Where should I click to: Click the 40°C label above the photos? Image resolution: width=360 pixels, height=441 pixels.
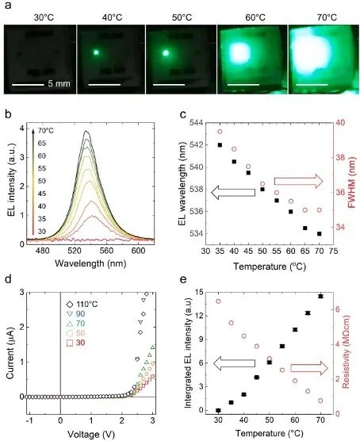pos(112,17)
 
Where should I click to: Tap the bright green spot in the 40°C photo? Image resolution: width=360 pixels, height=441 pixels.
pos(96,52)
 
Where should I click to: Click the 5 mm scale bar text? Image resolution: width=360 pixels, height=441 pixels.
pos(59,83)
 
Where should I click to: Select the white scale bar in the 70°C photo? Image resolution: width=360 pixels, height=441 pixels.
pos(312,84)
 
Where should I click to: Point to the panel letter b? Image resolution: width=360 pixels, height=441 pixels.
pos(9,114)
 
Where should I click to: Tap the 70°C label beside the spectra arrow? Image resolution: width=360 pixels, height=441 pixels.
pos(45,131)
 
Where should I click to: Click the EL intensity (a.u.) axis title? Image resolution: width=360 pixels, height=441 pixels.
pos(12,180)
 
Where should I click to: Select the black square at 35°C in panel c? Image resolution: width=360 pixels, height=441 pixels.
pos(220,145)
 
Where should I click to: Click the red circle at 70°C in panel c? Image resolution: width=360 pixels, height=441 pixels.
pos(320,210)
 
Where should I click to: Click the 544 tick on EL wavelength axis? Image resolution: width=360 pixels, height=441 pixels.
pos(196,123)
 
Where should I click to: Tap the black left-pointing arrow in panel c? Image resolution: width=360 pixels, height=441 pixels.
pos(233,193)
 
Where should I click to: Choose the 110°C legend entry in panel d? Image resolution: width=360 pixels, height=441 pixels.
pos(82,305)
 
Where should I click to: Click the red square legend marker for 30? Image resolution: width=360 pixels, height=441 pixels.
pos(70,343)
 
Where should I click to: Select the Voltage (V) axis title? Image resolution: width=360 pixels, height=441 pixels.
pos(91,434)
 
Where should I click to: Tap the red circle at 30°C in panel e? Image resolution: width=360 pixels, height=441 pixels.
pos(218,301)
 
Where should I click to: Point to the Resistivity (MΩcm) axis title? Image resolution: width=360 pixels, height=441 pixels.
pos(346,351)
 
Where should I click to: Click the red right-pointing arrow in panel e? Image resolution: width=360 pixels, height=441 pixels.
pos(309,368)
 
